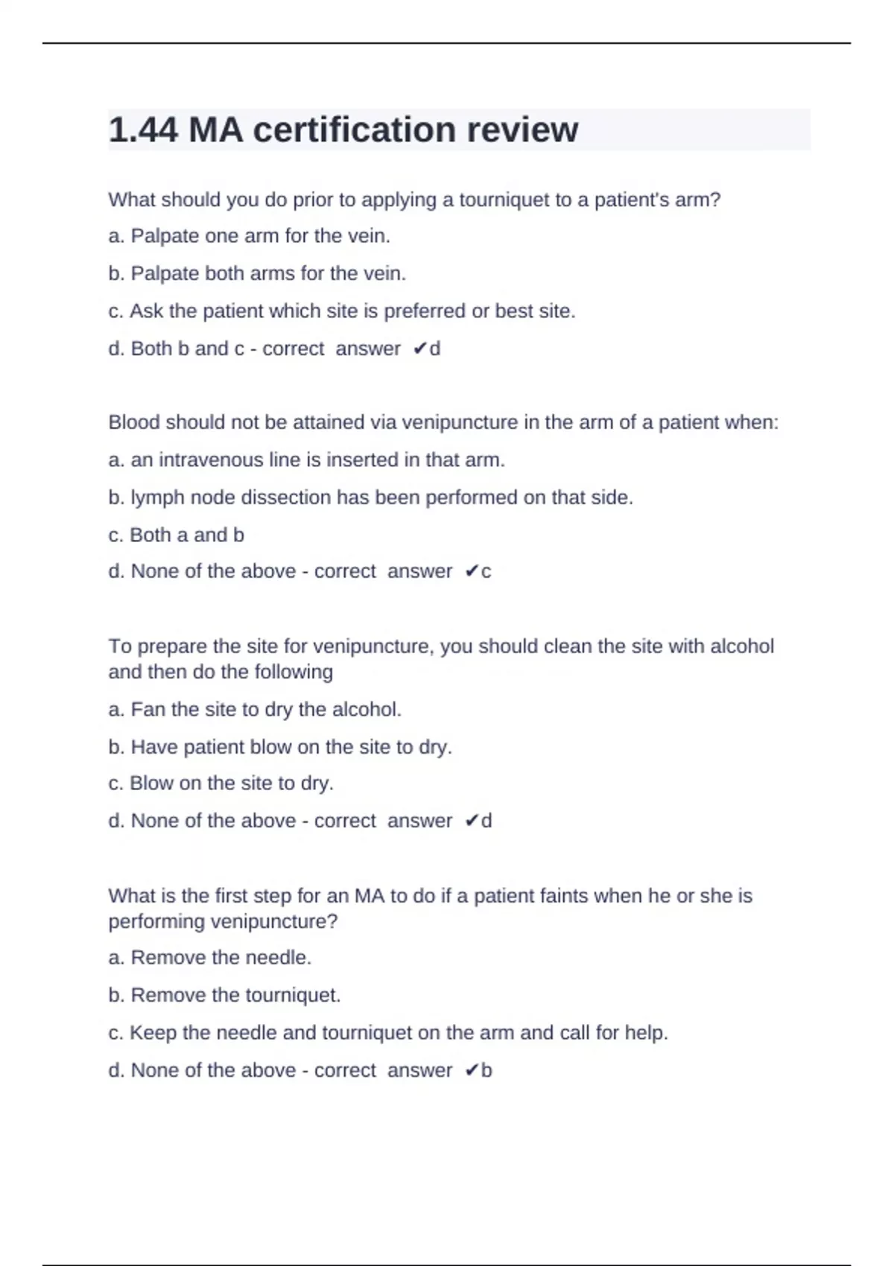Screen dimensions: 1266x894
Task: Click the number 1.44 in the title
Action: coord(143,130)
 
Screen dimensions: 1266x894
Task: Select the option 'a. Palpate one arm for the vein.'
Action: coord(249,236)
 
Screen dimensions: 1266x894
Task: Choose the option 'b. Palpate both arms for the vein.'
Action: coord(257,273)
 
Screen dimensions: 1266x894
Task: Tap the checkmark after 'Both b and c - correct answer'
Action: coord(419,349)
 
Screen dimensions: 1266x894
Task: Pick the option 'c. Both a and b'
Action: coord(176,535)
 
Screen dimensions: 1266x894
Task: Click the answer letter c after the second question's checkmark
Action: coord(486,572)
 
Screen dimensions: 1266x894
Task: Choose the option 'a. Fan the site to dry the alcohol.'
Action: coord(255,709)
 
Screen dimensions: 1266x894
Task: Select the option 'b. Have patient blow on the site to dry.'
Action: coord(280,747)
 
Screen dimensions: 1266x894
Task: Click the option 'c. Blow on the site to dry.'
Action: coord(221,783)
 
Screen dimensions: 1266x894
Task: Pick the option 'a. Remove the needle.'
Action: coord(209,958)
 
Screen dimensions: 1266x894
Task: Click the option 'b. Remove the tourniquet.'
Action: coord(224,996)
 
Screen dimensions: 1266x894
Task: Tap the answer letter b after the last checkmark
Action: coord(486,1071)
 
